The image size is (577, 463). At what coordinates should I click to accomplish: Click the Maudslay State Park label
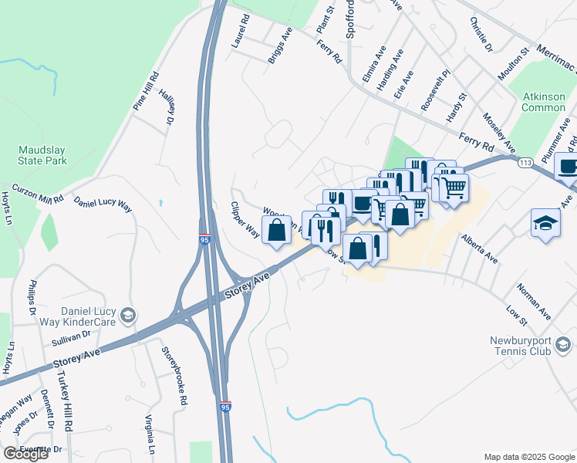click(x=43, y=154)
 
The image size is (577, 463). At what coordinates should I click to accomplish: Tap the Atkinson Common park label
click(x=543, y=101)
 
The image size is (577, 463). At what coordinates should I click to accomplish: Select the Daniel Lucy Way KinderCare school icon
click(x=128, y=315)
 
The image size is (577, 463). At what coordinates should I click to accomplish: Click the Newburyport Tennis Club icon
click(x=562, y=344)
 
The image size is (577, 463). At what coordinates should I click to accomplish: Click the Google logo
click(x=25, y=454)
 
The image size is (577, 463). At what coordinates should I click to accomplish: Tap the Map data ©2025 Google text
click(x=529, y=457)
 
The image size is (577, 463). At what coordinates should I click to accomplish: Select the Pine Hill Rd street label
click(x=145, y=92)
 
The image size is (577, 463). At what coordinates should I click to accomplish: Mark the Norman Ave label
click(x=534, y=303)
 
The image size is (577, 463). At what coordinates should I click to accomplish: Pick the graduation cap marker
click(x=545, y=223)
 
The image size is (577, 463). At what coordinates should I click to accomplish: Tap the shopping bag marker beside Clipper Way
click(x=277, y=230)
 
